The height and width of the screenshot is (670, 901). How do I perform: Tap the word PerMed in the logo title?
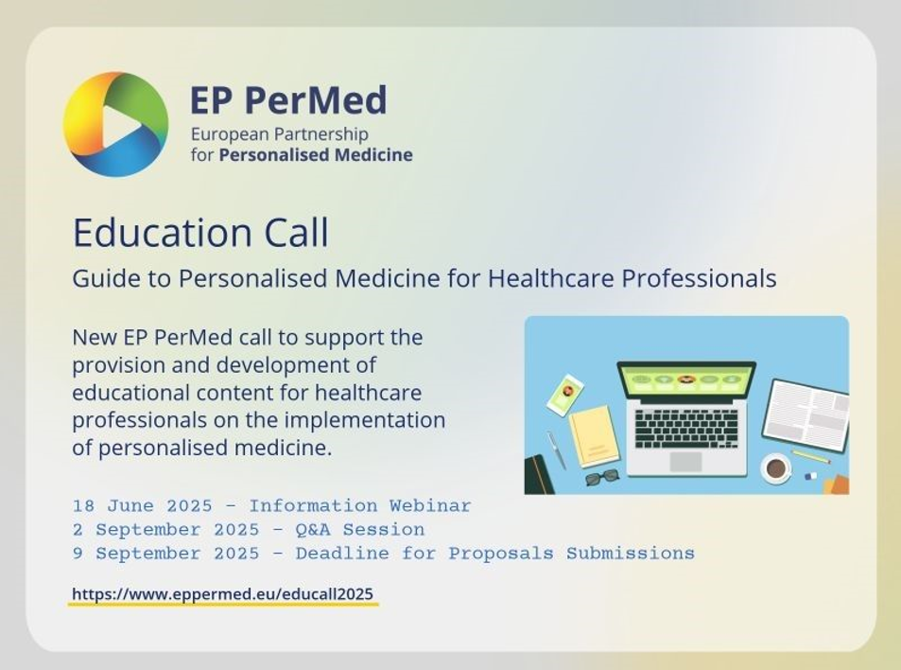click(x=316, y=100)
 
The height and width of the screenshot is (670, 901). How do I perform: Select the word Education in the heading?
click(x=163, y=233)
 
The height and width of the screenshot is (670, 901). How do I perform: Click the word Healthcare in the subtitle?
click(x=551, y=278)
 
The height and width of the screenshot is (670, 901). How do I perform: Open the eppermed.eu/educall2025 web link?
click(x=223, y=594)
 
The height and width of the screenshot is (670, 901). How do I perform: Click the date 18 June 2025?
click(x=143, y=506)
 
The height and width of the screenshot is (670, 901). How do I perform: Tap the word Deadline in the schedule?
click(x=342, y=554)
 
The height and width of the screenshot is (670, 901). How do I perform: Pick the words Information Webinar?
click(x=359, y=506)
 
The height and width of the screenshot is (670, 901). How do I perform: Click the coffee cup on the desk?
click(x=776, y=468)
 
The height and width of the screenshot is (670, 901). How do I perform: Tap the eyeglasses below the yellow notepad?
click(x=602, y=477)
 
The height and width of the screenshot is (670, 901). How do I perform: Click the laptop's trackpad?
click(x=685, y=462)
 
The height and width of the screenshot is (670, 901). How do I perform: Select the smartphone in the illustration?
click(x=564, y=396)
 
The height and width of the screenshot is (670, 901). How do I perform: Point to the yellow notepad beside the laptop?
click(x=594, y=436)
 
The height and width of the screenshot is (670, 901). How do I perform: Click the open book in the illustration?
click(x=806, y=415)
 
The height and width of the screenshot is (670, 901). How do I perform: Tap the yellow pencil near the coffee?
click(x=810, y=457)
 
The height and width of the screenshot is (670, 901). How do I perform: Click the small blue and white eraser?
click(x=810, y=476)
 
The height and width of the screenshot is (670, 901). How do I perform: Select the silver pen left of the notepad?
click(x=556, y=450)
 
